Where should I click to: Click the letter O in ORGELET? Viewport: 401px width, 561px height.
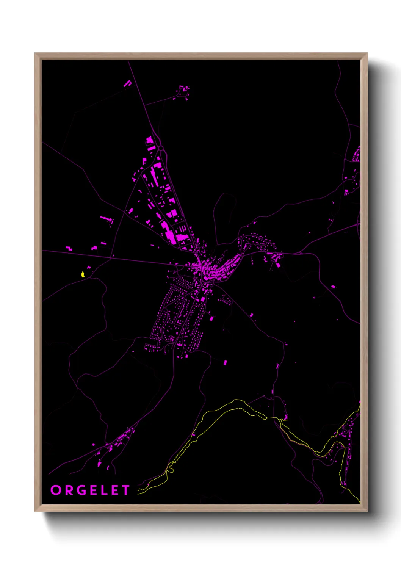coord(55,490)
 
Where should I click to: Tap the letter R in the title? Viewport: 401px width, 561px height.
coord(69,490)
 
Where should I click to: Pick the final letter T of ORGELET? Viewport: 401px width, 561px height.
coord(125,490)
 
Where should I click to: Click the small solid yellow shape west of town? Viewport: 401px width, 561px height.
coord(83,274)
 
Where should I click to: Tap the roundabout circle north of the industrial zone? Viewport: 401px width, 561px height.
coord(161,148)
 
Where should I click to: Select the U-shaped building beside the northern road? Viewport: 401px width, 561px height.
coord(127,83)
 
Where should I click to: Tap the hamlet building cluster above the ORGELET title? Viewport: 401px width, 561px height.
coord(114,447)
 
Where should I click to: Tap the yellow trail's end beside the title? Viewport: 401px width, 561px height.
coord(139,492)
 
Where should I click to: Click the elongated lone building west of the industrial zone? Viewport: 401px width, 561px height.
coord(107,219)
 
